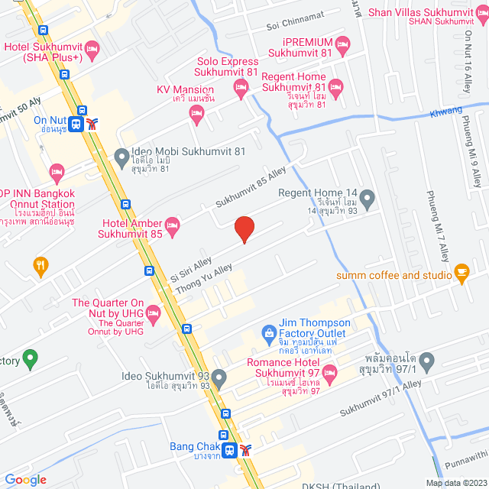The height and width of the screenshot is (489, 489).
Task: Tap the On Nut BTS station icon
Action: pos(76,124)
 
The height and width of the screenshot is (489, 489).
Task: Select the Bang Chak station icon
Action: pos(228,450)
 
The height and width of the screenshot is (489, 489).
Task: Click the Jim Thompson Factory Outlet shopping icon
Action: pos(269,332)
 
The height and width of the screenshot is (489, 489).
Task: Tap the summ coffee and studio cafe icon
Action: pos(461,271)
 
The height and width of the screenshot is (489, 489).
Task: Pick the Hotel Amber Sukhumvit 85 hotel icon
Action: pos(173,224)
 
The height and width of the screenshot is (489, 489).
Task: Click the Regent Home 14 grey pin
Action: pos(368,199)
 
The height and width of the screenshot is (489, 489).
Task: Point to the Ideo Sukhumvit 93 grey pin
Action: pos(219,377)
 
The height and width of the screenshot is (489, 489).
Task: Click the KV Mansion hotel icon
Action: pos(196,115)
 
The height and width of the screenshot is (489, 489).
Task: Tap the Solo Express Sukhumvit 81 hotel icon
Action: pos(241,89)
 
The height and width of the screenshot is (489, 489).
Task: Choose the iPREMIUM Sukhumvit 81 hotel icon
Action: pos(343,44)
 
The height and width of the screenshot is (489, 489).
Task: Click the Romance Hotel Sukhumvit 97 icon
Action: pos(329,375)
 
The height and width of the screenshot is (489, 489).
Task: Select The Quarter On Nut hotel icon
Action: pos(153,313)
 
